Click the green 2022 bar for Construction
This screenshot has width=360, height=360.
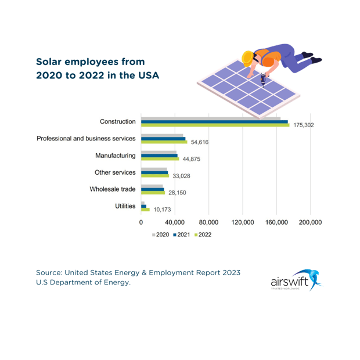pyautogui.click(x=215, y=124)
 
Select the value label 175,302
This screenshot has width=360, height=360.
pyautogui.click(x=304, y=125)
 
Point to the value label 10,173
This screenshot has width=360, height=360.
pyautogui.click(x=163, y=210)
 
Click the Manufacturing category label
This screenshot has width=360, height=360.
pyautogui.click(x=116, y=156)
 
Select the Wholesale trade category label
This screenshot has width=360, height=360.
pyautogui.click(x=113, y=189)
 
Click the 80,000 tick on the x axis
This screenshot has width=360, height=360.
pyautogui.click(x=208, y=222)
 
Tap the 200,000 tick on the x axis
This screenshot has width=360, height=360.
pyautogui.click(x=309, y=222)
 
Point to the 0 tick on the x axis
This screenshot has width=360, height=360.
pyautogui.click(x=141, y=222)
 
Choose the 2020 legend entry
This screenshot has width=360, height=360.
pyautogui.click(x=160, y=235)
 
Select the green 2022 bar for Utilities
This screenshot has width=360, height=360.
pyautogui.click(x=145, y=210)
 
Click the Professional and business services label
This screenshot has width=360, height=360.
pyautogui.click(x=86, y=139)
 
